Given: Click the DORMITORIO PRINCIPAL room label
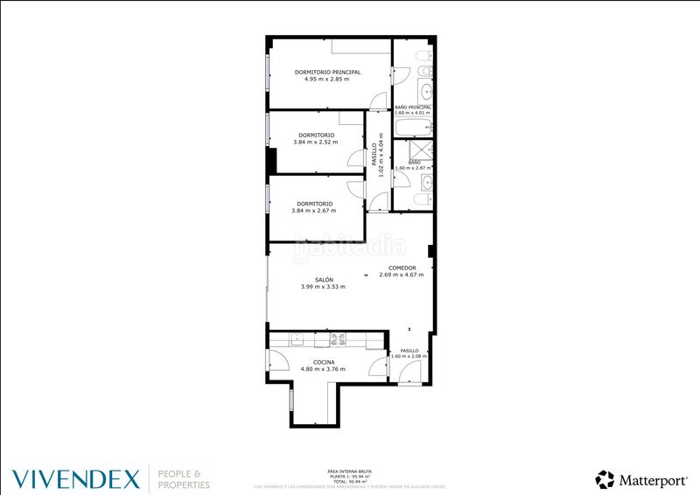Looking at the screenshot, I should [x=327, y=73].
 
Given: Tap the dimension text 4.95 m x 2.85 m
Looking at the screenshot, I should [x=326, y=80].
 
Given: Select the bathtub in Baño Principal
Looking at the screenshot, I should [x=413, y=129].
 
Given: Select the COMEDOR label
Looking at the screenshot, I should [x=402, y=268].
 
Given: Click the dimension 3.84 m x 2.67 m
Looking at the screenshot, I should [x=313, y=210].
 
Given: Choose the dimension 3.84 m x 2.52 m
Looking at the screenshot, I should [x=313, y=143].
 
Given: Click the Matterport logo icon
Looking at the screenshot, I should [x=605, y=478].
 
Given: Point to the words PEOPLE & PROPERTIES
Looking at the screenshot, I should [x=183, y=478].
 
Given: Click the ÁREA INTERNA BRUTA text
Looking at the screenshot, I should [x=344, y=471].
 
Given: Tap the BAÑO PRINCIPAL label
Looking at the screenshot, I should [x=413, y=107].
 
